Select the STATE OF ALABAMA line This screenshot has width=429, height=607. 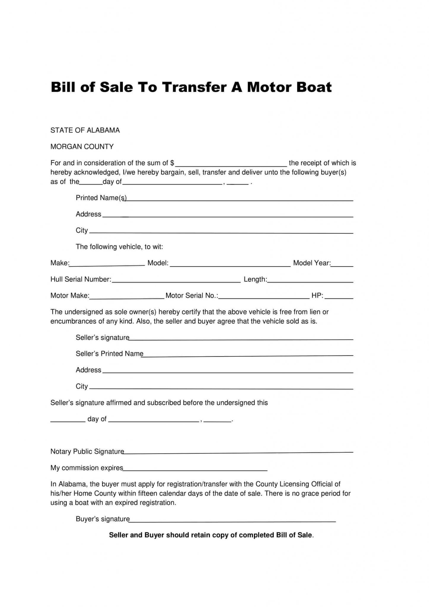point(85,130)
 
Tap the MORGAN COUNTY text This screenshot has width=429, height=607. point(82,147)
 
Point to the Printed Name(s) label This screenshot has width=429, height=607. point(101,198)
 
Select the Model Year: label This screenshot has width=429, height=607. point(312,263)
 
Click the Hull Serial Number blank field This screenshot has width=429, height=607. point(176,280)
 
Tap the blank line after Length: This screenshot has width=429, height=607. point(310,280)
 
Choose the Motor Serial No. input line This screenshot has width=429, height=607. point(264,297)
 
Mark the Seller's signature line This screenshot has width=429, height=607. point(241,338)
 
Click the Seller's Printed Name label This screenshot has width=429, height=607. point(109,354)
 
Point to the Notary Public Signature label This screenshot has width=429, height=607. point(87,451)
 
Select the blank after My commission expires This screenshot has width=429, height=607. point(195,469)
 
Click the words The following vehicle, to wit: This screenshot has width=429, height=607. point(119,247)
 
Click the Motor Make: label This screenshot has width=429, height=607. point(70,295)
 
